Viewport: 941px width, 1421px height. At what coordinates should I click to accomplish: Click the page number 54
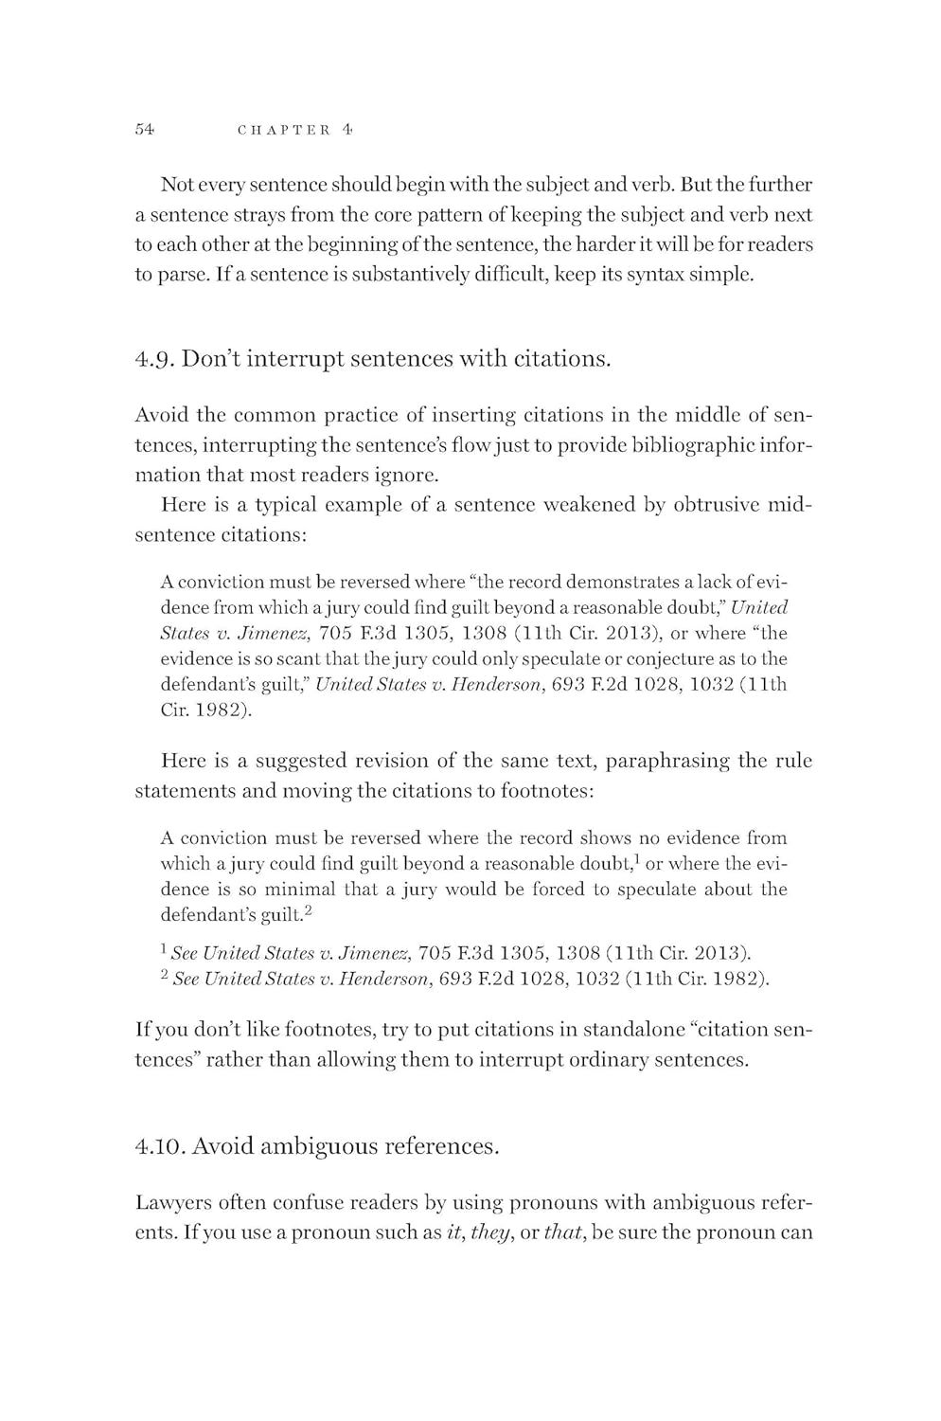coord(145,130)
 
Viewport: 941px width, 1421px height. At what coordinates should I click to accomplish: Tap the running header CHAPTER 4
coord(294,130)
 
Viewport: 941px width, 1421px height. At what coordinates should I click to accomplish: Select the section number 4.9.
coord(154,359)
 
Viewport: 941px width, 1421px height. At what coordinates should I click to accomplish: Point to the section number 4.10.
coord(160,1146)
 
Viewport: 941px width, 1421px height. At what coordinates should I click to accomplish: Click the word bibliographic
coord(694,444)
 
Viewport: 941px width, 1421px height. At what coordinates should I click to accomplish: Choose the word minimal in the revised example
coord(301,890)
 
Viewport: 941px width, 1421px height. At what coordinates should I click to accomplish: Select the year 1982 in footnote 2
coord(743,979)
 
